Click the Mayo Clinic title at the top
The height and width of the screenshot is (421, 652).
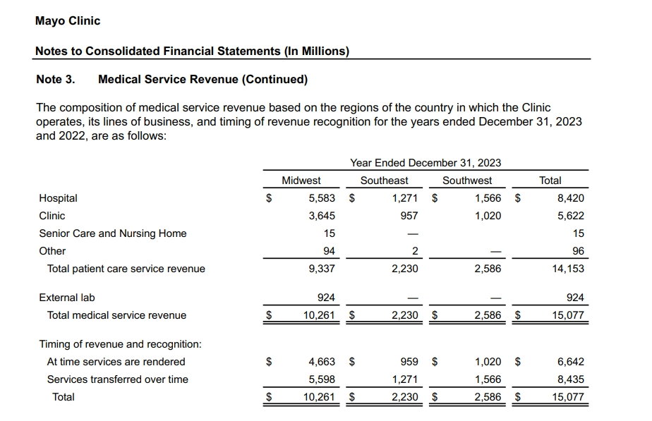pyautogui.click(x=68, y=21)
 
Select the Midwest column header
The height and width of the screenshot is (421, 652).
pyautogui.click(x=301, y=181)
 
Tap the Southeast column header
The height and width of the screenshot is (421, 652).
pyautogui.click(x=384, y=181)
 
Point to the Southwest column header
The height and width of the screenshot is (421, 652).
pyautogui.click(x=467, y=181)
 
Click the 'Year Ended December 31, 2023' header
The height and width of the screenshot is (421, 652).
pyautogui.click(x=425, y=163)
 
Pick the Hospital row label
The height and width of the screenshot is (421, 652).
pyautogui.click(x=58, y=198)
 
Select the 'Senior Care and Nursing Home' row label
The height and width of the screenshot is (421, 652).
pyautogui.click(x=113, y=233)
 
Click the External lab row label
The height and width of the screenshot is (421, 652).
pyautogui.click(x=66, y=298)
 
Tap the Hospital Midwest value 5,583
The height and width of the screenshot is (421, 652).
pyautogui.click(x=322, y=198)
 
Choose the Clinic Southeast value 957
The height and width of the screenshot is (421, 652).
pyautogui.click(x=409, y=216)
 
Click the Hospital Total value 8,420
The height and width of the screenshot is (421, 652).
pyautogui.click(x=570, y=198)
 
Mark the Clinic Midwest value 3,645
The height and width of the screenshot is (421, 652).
pyautogui.click(x=322, y=216)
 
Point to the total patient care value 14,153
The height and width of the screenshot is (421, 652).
pyautogui.click(x=568, y=269)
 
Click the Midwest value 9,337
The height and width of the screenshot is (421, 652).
pyautogui.click(x=322, y=269)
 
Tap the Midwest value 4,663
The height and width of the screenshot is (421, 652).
pyautogui.click(x=322, y=362)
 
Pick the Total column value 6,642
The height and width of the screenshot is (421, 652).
pyautogui.click(x=570, y=362)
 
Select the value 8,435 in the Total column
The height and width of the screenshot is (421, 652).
pyautogui.click(x=570, y=379)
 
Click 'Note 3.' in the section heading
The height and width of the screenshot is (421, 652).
pyautogui.click(x=55, y=80)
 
